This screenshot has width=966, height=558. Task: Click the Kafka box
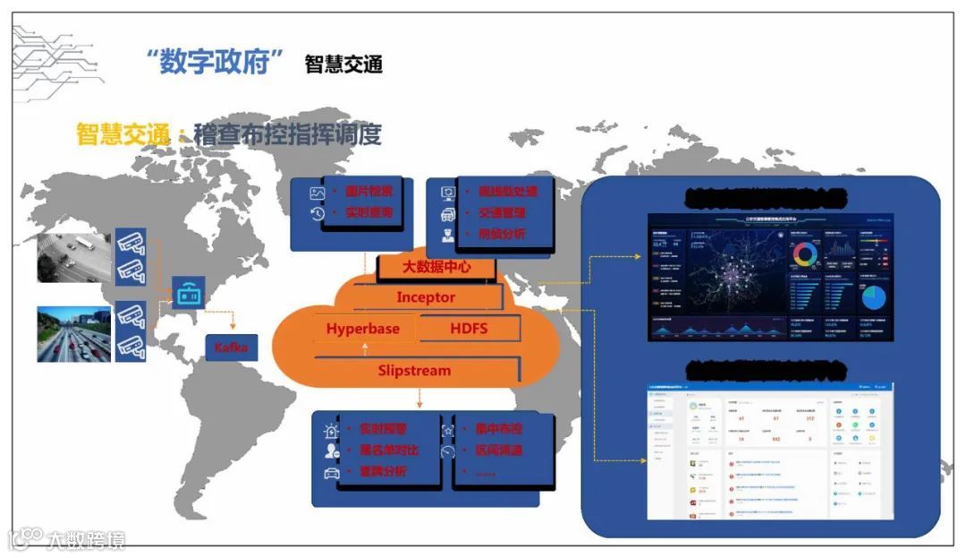231,346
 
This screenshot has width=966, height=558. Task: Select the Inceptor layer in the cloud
426,297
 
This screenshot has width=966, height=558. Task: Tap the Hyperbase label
362,329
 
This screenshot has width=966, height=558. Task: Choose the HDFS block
469,329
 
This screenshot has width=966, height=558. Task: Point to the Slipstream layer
414,371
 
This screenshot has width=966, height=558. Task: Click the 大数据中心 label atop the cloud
436,267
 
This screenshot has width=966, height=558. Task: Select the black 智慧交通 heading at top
343,64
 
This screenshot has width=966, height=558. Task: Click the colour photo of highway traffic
74,333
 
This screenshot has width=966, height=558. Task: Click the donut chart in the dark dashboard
805,255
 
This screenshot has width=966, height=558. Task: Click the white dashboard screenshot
772,452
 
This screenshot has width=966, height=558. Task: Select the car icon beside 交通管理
448,214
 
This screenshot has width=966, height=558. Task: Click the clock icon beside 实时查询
317,213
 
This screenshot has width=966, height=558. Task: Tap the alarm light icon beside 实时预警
332,430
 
